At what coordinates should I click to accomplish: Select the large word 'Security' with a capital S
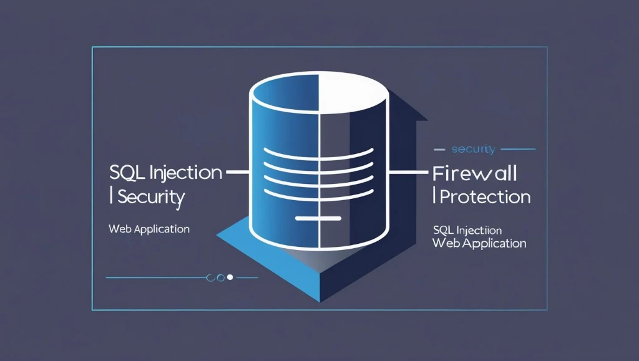click(151, 197)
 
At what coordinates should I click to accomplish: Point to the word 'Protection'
click(485, 197)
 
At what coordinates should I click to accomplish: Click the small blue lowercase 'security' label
click(472, 149)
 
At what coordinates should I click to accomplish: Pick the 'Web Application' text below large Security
click(149, 229)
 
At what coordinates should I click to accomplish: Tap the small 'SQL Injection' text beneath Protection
click(467, 231)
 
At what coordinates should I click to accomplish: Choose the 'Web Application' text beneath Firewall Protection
click(479, 243)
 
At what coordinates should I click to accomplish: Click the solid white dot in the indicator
click(230, 277)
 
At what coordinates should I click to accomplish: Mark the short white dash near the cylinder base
click(318, 218)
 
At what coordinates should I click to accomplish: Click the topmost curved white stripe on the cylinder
click(319, 152)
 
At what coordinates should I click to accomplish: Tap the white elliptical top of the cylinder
click(319, 94)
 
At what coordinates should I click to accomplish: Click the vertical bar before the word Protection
click(435, 197)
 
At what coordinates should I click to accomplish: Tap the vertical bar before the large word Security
click(111, 197)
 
